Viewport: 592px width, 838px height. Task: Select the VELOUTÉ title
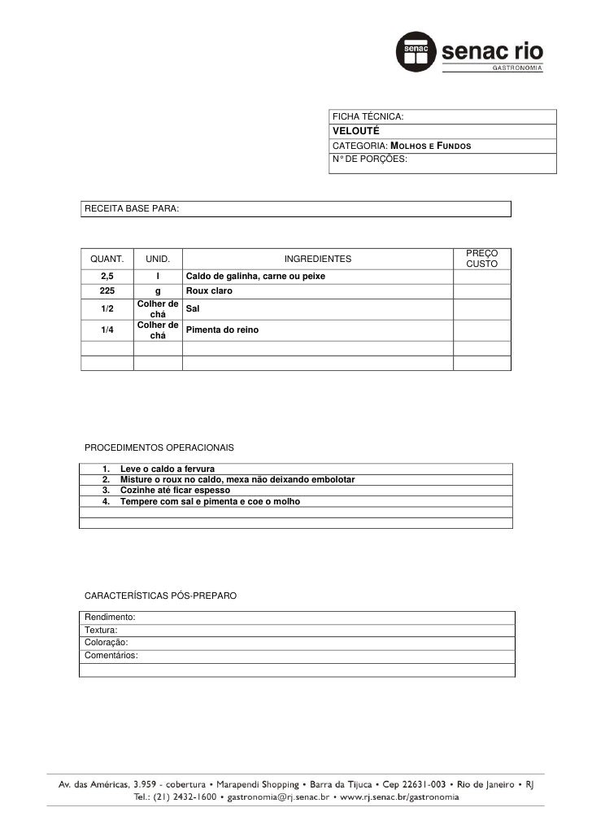353,132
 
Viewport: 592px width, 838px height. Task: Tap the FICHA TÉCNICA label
368,118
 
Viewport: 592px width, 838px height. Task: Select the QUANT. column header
107,260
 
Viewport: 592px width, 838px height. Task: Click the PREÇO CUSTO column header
481,260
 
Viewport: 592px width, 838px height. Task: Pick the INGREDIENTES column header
317,260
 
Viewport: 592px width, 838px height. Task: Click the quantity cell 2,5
107,277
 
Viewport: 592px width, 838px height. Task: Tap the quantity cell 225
107,291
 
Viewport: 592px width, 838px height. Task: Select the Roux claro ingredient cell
209,291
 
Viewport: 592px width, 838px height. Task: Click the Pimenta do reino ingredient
222,330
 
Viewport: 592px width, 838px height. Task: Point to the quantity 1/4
107,330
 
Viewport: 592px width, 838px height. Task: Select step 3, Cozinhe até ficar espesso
175,491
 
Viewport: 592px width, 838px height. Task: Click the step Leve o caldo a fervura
167,469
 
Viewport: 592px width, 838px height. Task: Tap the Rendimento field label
110,618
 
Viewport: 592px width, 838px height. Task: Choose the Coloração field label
107,643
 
